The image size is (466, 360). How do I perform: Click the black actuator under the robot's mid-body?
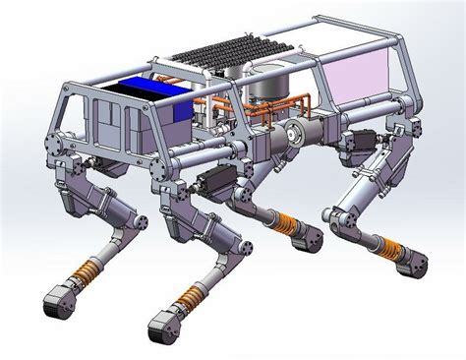[x=215, y=182]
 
